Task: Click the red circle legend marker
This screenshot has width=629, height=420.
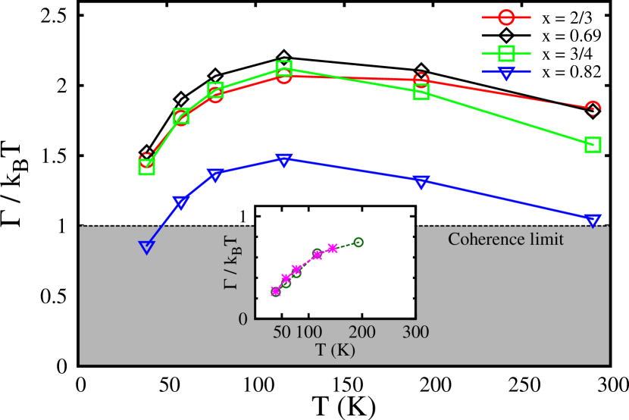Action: click(x=506, y=17)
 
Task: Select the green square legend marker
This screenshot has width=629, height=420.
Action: click(x=506, y=53)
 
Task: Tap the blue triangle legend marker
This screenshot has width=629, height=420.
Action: click(x=506, y=73)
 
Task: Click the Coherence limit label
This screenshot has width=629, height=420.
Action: click(x=505, y=240)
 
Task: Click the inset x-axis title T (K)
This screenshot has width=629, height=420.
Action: click(x=335, y=350)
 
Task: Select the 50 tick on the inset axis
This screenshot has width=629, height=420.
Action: click(x=281, y=332)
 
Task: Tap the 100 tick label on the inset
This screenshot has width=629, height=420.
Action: click(x=308, y=332)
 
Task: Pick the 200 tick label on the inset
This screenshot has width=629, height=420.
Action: click(x=362, y=332)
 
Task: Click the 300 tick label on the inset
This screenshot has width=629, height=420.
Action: click(x=415, y=332)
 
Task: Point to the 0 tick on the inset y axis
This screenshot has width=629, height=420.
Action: click(x=243, y=319)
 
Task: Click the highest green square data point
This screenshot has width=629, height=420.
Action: click(x=283, y=69)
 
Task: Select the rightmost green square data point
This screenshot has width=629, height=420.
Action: click(x=593, y=145)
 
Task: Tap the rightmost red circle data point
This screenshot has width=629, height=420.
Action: click(x=593, y=109)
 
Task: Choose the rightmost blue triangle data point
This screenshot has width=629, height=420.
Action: click(x=593, y=220)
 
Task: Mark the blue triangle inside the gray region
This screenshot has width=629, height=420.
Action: click(x=147, y=246)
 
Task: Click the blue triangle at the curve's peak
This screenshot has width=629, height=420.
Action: click(x=283, y=160)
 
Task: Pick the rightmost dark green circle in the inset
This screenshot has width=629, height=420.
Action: click(x=358, y=242)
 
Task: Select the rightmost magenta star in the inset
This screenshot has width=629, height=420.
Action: click(x=333, y=248)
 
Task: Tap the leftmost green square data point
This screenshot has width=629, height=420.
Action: click(x=147, y=167)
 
